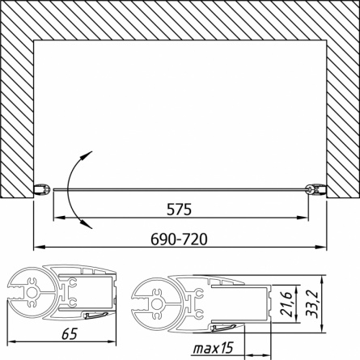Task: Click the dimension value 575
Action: point(179,210)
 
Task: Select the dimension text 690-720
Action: point(179,239)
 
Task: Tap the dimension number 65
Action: point(70,334)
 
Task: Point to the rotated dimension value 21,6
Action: point(286,304)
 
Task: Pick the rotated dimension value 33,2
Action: point(312,304)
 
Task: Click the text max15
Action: point(213,349)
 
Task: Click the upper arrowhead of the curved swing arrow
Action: point(88,155)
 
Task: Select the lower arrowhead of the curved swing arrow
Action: point(87,224)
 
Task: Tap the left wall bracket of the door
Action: point(42,188)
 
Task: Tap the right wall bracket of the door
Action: point(316,188)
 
